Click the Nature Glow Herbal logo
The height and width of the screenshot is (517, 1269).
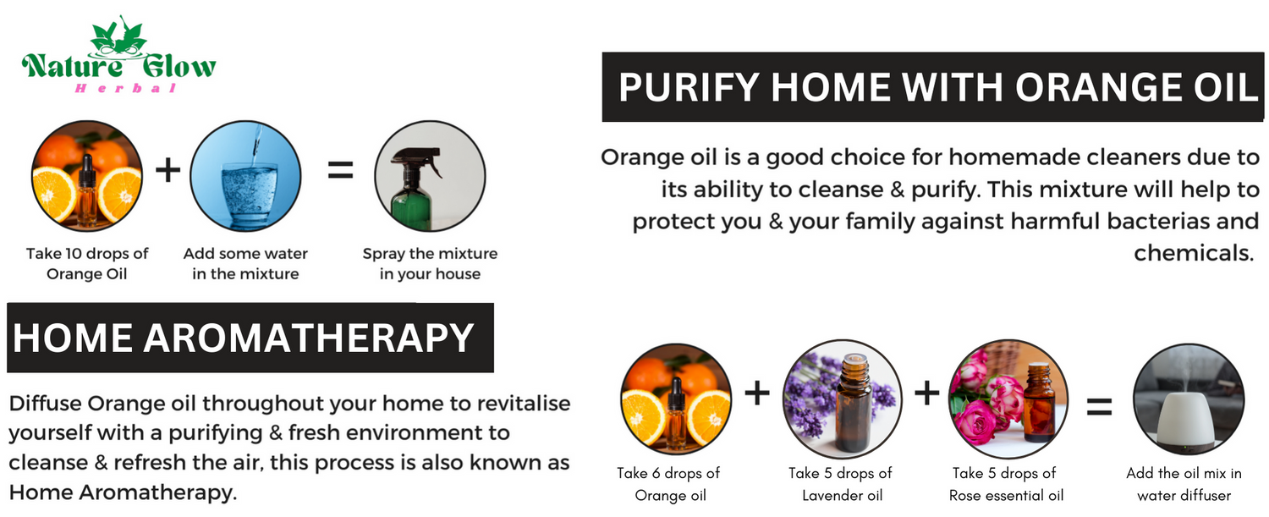(119, 55)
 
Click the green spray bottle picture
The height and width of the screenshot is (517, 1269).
(430, 176)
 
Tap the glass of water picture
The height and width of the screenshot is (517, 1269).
(245, 176)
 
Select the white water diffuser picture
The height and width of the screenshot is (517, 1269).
(1189, 399)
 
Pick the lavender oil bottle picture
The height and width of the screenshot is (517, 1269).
(843, 399)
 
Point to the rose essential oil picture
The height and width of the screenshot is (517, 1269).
(1008, 399)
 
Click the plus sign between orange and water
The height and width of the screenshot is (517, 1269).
(168, 169)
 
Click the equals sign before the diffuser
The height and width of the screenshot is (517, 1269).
(1100, 407)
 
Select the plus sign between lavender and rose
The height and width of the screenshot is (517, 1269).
(927, 393)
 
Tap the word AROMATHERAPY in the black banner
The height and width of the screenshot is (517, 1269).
(309, 338)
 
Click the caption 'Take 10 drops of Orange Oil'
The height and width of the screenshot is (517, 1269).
(86, 264)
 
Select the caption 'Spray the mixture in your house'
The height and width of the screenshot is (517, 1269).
(430, 264)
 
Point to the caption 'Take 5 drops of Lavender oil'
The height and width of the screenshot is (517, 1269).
(841, 484)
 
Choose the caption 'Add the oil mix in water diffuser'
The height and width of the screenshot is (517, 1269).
(1184, 484)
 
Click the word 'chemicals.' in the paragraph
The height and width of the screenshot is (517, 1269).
(1193, 253)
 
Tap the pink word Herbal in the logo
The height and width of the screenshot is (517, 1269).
(126, 88)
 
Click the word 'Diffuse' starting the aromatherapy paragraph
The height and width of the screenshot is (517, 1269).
(46, 404)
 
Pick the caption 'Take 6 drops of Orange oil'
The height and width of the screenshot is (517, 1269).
(669, 484)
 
